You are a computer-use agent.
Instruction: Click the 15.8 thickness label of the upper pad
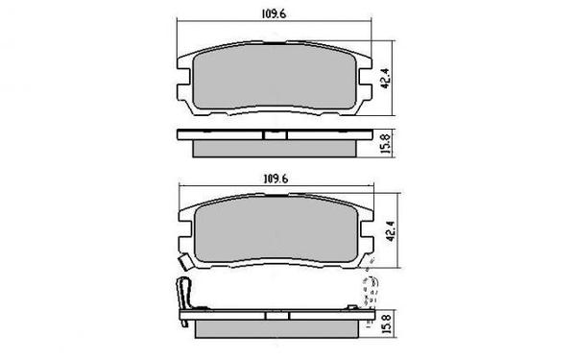(385, 142)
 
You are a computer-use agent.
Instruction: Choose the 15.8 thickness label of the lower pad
(386, 315)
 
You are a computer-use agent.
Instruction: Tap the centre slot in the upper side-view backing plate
(274, 134)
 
